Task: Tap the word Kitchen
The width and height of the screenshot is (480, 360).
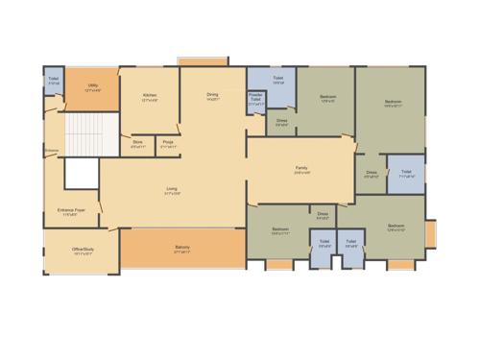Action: [x=150, y=95]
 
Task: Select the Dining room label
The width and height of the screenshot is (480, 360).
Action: [x=213, y=94]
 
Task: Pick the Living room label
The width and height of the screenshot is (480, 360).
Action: [x=172, y=188]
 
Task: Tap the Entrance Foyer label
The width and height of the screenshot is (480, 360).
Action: [x=68, y=211]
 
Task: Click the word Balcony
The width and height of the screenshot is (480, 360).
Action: [x=181, y=247]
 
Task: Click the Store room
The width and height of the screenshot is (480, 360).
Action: [x=138, y=145]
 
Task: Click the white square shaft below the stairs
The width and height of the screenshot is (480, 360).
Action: [x=82, y=174]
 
